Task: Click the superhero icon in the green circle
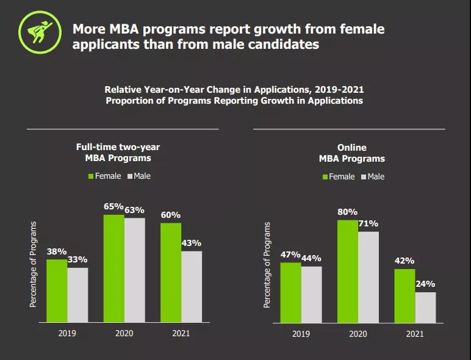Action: click(x=36, y=31)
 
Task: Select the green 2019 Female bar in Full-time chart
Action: click(x=57, y=290)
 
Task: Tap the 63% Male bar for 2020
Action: click(x=135, y=270)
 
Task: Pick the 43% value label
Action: click(x=191, y=243)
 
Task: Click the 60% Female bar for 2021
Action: click(x=171, y=272)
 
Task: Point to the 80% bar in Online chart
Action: click(x=347, y=271)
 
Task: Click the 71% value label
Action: click(x=369, y=223)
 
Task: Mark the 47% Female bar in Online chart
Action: click(x=290, y=292)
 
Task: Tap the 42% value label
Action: click(x=404, y=261)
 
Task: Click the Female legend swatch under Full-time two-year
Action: click(x=91, y=176)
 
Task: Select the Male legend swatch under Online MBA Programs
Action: click(x=364, y=177)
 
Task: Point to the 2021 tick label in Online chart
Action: click(x=414, y=334)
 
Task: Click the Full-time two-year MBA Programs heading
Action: click(x=118, y=153)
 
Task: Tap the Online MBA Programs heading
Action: click(x=352, y=153)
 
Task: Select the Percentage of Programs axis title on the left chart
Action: click(x=34, y=264)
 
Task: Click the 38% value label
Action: click(x=57, y=251)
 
